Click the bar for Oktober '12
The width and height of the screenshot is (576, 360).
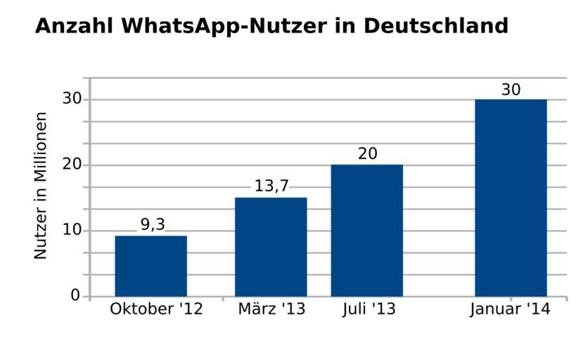(151, 266)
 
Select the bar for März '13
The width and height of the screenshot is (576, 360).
(271, 247)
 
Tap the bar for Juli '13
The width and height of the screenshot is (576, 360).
(366, 231)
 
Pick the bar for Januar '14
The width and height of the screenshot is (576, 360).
(511, 198)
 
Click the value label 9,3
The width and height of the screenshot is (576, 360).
(153, 224)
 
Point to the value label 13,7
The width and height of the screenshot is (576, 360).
(271, 186)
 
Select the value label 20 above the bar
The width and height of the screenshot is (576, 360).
(367, 153)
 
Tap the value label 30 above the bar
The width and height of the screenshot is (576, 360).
(511, 90)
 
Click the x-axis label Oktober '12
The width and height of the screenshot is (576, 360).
(156, 309)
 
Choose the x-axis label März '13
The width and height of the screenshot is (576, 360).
(271, 309)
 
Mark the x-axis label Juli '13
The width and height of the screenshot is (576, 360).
(369, 309)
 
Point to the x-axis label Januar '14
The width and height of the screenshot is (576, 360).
(510, 309)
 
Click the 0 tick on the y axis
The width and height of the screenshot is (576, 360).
(75, 296)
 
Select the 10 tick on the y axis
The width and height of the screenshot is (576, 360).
(72, 231)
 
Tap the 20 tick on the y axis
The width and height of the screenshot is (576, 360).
(72, 165)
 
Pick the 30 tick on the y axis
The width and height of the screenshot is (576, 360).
(72, 99)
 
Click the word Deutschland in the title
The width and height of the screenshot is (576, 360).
(436, 26)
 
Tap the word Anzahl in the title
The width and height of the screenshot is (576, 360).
(74, 26)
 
